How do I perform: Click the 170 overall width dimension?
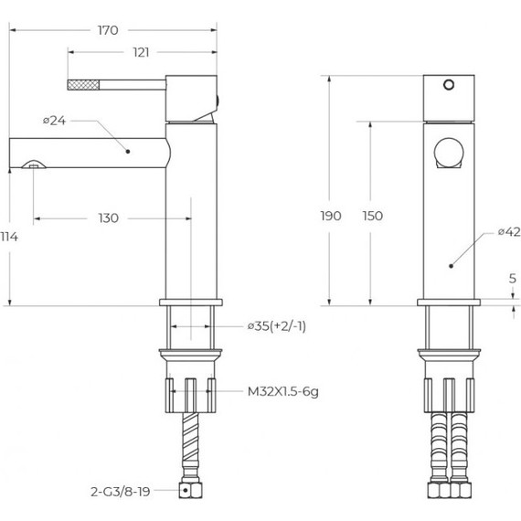108,30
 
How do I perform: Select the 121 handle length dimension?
141,52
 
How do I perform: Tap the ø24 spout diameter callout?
55,121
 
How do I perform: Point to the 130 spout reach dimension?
109,218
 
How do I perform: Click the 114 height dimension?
9,237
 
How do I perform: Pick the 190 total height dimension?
331,216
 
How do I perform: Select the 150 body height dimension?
373,216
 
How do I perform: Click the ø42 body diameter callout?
509,231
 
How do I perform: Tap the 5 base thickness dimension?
513,279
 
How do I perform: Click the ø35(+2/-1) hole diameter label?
277,326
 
